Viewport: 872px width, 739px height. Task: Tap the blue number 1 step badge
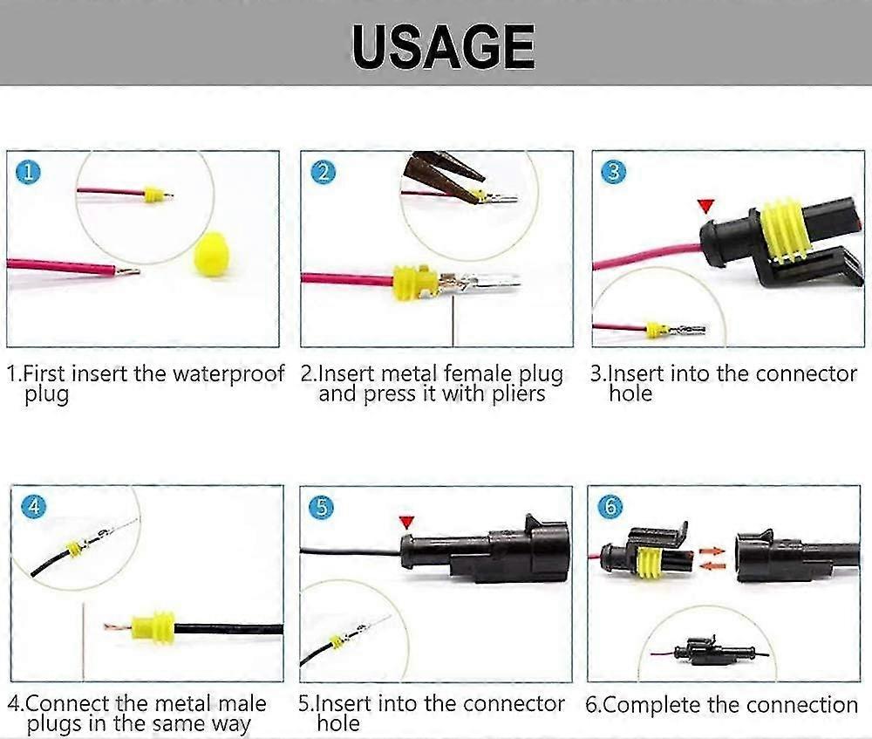30,172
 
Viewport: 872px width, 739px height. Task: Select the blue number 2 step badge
324,172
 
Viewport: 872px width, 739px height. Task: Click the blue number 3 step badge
614,171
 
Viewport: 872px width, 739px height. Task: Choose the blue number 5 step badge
323,506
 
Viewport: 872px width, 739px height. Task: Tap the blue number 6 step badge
612,507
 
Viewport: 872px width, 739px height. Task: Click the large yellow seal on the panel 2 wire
413,281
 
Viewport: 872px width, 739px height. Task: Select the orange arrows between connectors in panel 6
712,558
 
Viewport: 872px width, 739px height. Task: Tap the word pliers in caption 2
515,394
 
